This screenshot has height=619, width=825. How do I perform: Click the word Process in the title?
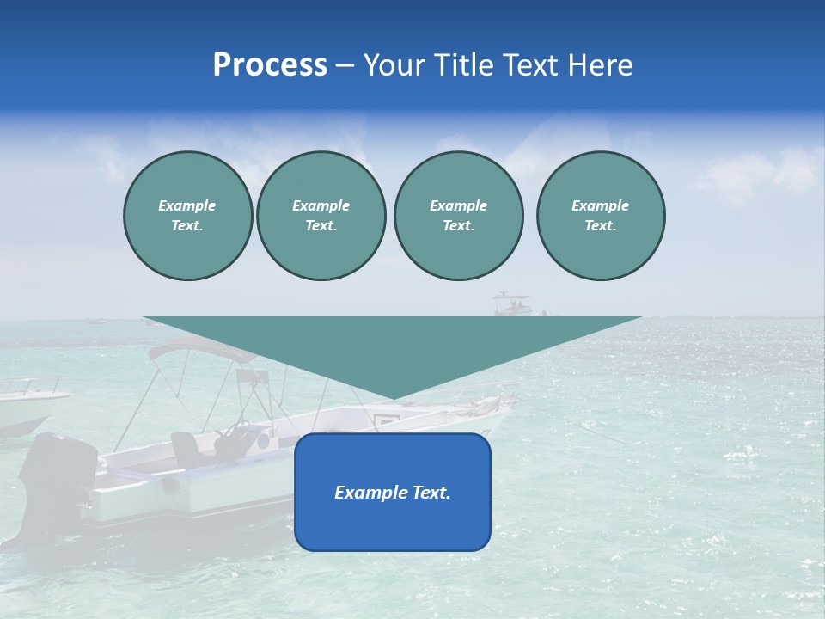pyautogui.click(x=270, y=65)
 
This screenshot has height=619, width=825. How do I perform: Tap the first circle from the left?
pyautogui.click(x=187, y=216)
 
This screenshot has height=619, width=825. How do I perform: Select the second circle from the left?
pyautogui.click(x=321, y=216)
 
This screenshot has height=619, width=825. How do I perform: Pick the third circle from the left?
pyautogui.click(x=458, y=216)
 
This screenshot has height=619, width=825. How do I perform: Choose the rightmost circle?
pyautogui.click(x=600, y=216)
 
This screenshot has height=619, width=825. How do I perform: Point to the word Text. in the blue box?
pyautogui.click(x=429, y=493)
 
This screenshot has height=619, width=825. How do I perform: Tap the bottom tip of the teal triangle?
pyautogui.click(x=393, y=398)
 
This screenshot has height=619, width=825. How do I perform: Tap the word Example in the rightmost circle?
pyautogui.click(x=600, y=205)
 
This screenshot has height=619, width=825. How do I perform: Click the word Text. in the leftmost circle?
pyautogui.click(x=187, y=226)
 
